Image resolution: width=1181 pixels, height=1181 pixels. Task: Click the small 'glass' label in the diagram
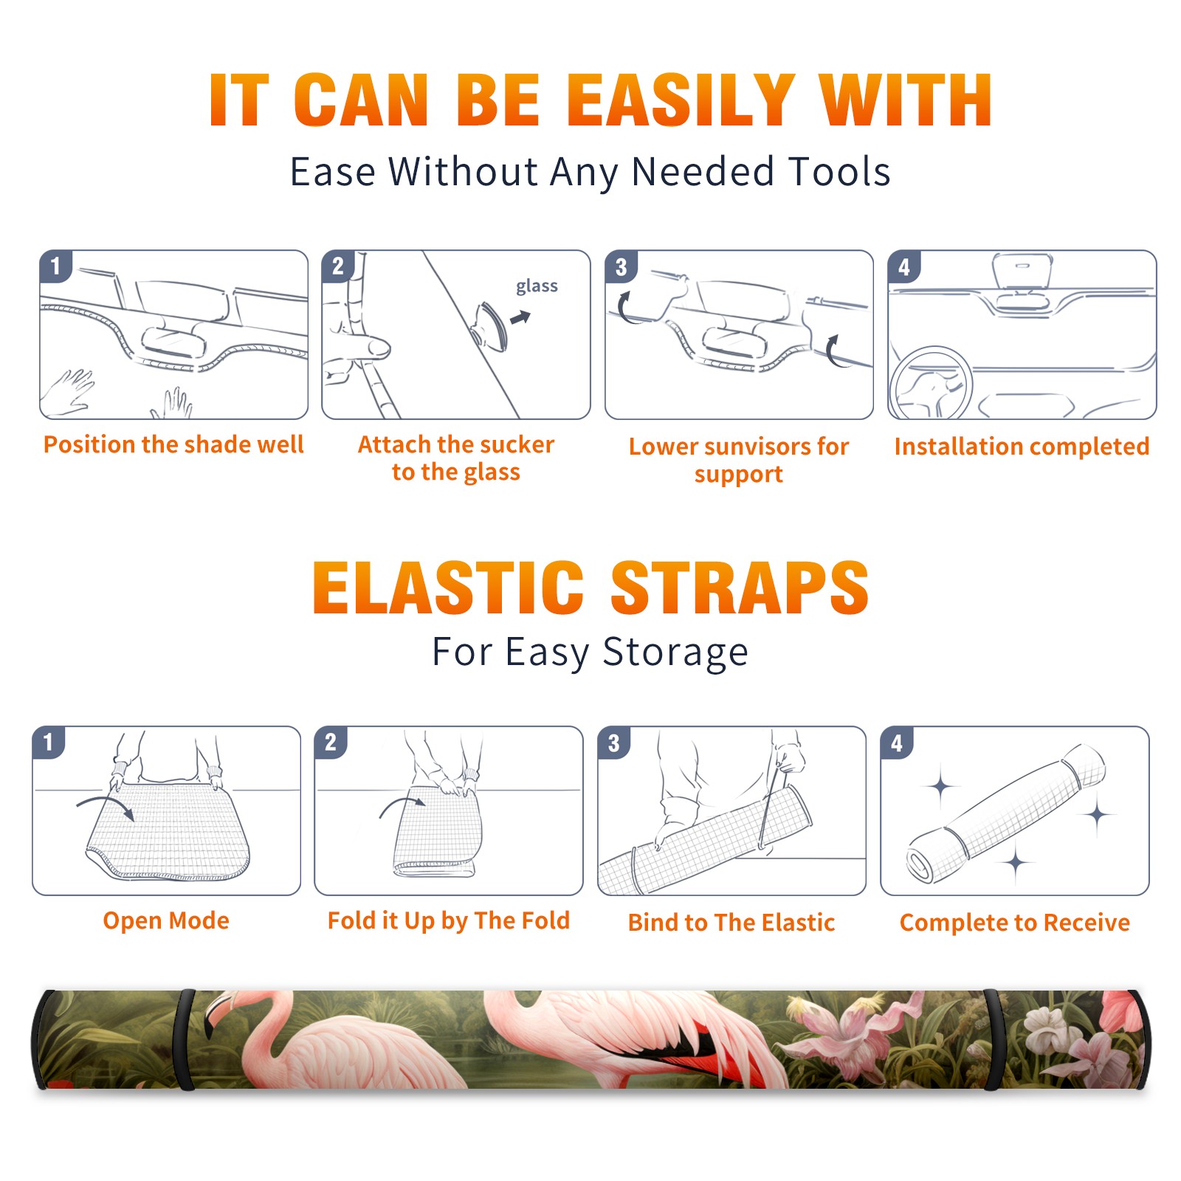tap(537, 286)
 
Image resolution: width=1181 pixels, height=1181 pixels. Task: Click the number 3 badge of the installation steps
tap(621, 266)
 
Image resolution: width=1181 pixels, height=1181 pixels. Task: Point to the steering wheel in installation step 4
tap(931, 383)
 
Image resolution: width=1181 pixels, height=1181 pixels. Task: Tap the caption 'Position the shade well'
tap(173, 444)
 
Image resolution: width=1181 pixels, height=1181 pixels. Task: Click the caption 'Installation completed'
tap(1022, 447)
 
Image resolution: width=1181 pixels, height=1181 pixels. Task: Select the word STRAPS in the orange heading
tap(740, 588)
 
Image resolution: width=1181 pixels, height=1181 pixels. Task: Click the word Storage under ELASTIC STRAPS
tap(675, 653)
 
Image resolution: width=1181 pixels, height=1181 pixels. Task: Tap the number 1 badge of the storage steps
tap(49, 742)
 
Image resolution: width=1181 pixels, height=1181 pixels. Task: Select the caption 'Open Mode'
tap(166, 920)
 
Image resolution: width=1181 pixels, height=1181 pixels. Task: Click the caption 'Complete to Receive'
tap(1015, 923)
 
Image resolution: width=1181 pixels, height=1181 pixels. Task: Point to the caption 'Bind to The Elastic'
tap(731, 923)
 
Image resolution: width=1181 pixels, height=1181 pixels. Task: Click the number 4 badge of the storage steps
tap(897, 743)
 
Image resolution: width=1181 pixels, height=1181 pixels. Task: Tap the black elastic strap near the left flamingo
tap(185, 1039)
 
